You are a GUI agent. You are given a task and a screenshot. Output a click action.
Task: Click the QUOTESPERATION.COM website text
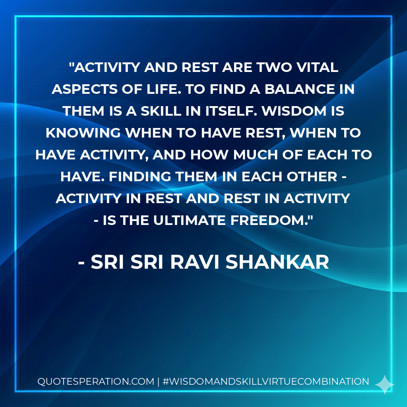pos(95,382)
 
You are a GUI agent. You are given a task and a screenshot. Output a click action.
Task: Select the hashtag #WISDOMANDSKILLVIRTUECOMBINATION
pos(266,382)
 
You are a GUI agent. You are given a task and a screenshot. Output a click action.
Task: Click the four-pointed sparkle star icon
pos(384,384)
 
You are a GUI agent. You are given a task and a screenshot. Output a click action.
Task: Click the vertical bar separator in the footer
pos(159,382)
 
